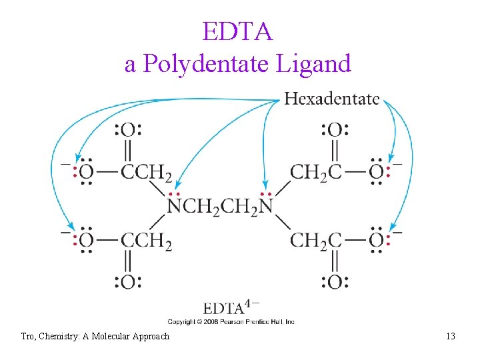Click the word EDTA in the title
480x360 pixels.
238,32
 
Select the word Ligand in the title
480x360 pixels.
317,63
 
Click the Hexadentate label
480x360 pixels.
331,99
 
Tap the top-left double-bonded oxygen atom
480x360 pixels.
127,129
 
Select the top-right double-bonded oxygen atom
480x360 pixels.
335,129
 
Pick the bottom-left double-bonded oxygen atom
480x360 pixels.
127,282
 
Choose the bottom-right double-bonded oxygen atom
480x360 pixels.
335,282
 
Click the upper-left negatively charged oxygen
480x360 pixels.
87,172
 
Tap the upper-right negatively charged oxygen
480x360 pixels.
376,172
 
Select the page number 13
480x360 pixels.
451,336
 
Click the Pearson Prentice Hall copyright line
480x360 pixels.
231,321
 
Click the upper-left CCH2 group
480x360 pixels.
147,173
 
